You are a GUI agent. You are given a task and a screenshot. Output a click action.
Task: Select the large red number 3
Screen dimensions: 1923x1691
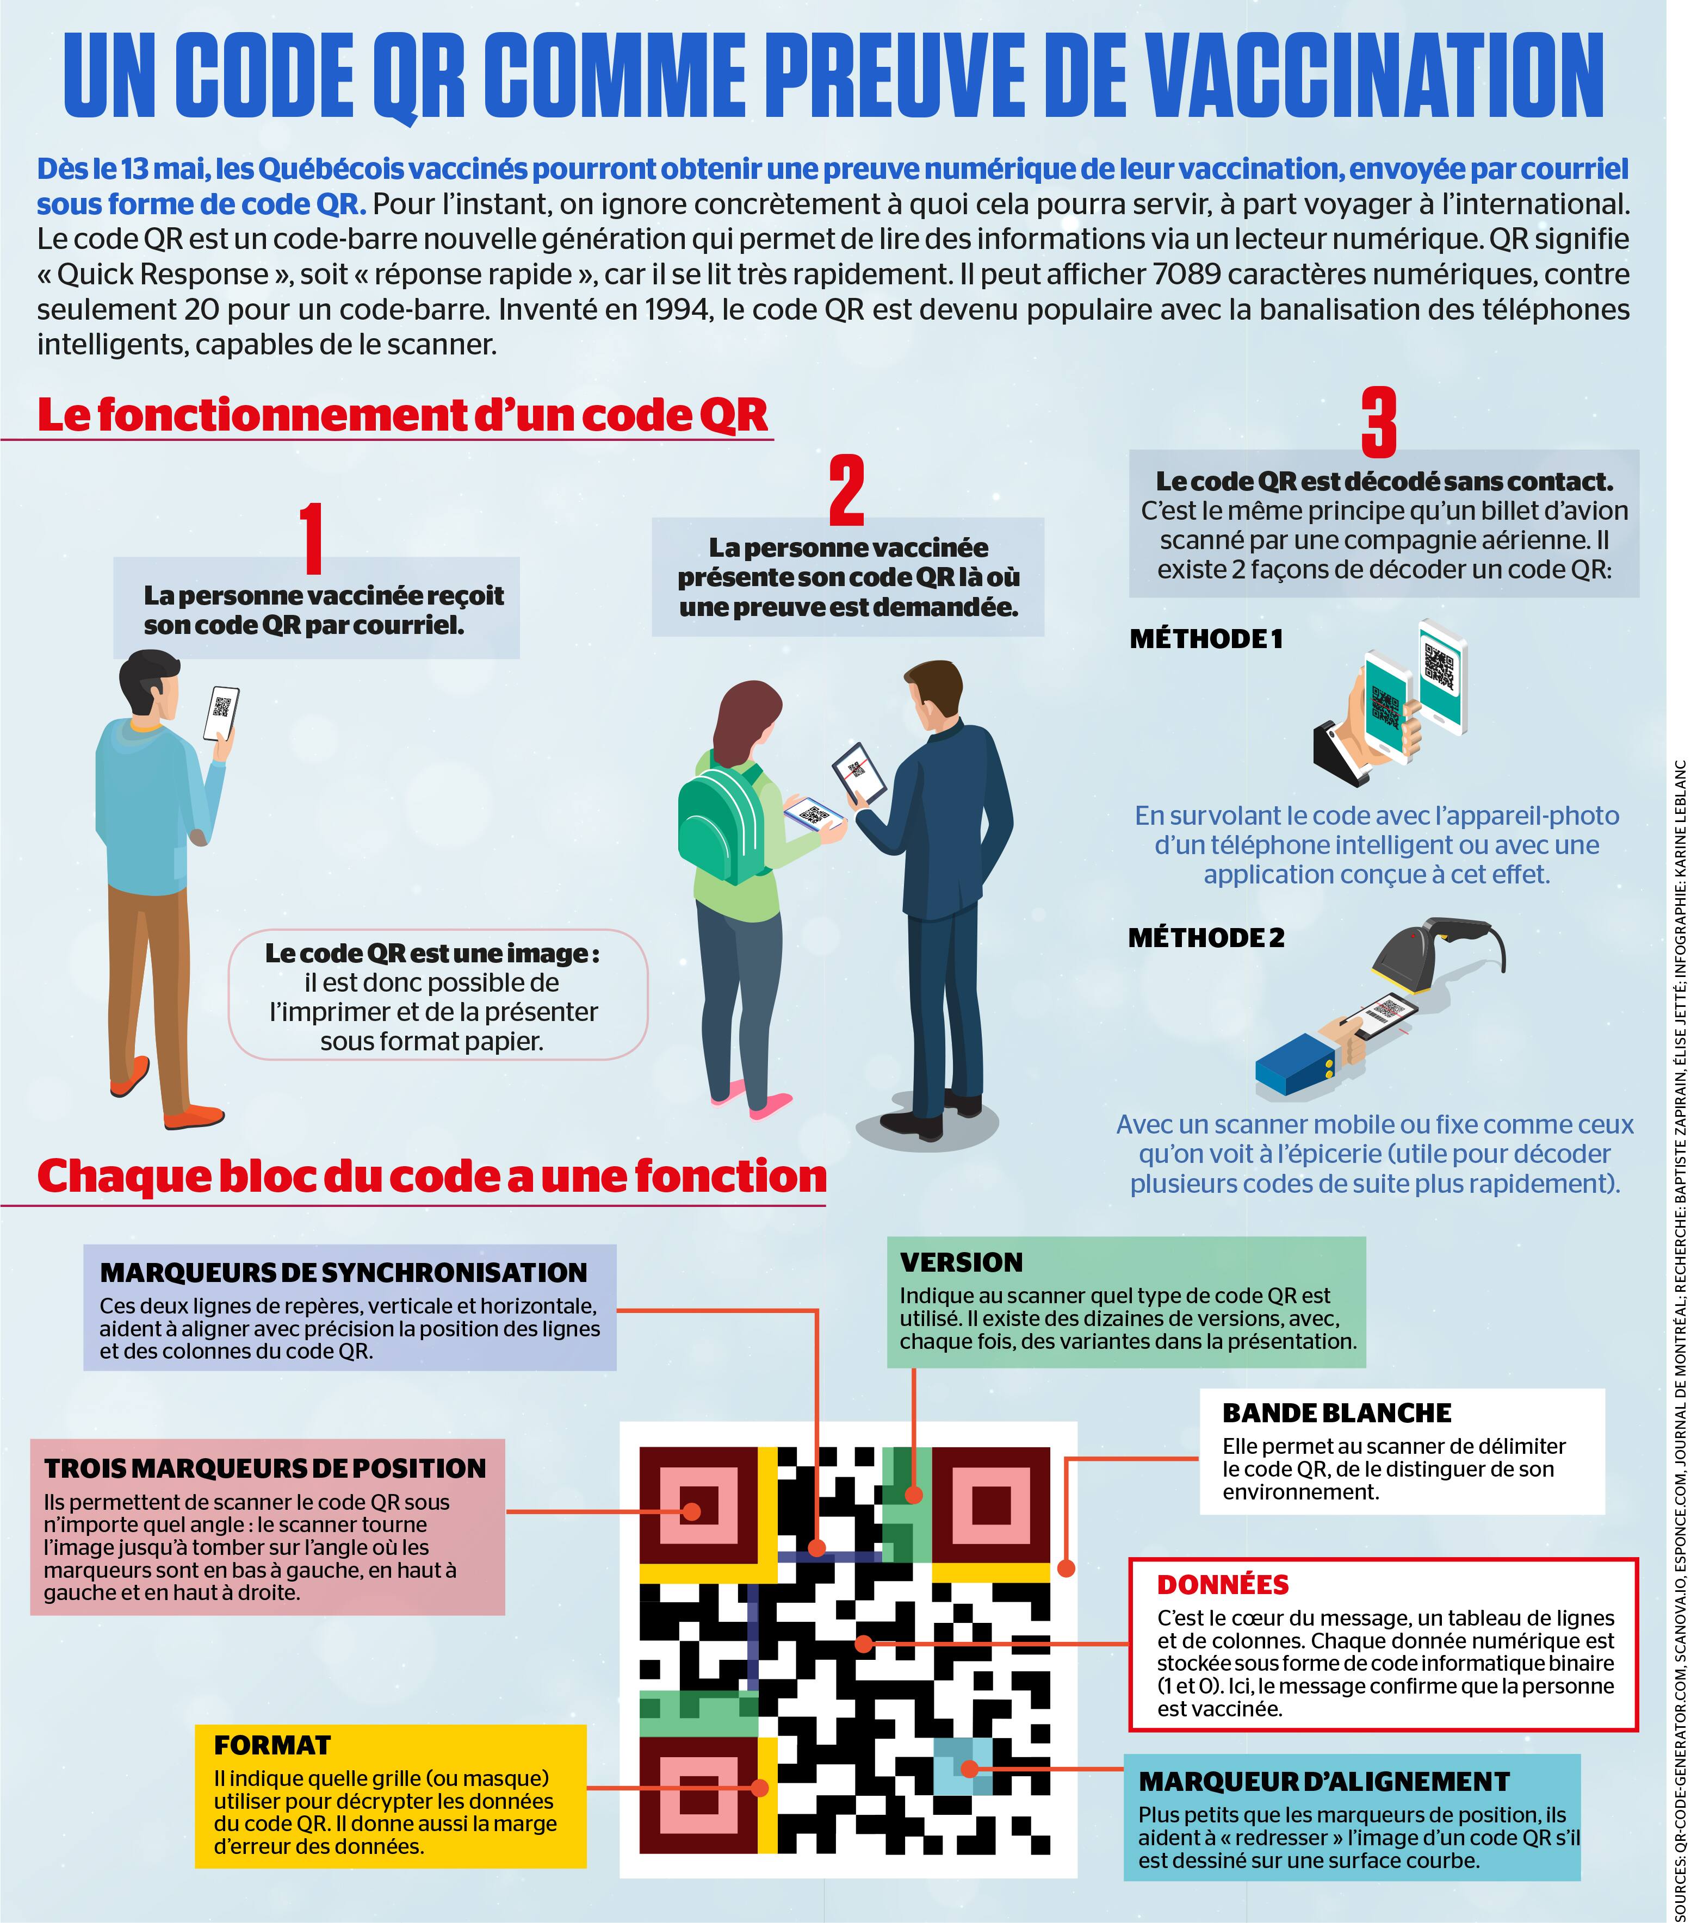click(x=1379, y=422)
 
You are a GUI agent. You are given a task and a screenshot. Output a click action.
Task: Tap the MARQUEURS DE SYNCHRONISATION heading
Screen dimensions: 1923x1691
click(x=343, y=1272)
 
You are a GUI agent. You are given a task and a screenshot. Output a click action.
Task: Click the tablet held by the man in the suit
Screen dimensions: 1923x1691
click(x=858, y=773)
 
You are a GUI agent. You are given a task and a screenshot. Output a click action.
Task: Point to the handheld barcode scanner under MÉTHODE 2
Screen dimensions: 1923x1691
click(x=1411, y=957)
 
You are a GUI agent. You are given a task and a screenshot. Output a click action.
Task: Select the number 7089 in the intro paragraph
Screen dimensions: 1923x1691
click(x=1187, y=274)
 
